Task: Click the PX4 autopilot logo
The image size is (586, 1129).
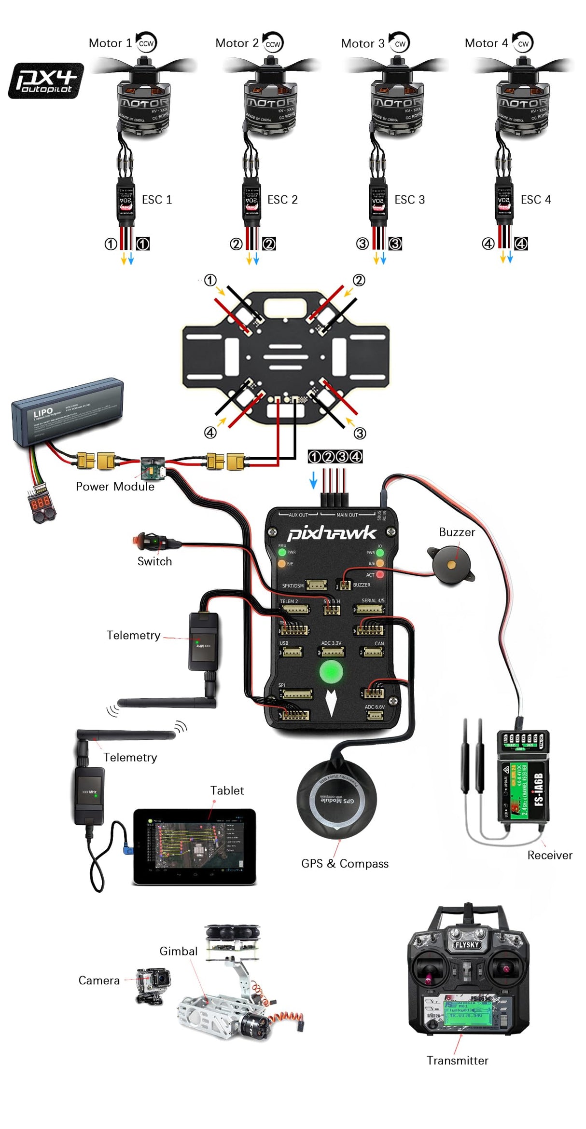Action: tap(46, 81)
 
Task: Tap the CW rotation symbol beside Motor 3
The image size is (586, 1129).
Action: tap(400, 43)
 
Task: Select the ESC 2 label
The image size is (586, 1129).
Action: tap(282, 200)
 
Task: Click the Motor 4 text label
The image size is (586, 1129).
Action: tap(486, 43)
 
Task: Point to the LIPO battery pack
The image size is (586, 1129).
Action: tap(68, 410)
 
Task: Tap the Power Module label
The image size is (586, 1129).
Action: tap(115, 487)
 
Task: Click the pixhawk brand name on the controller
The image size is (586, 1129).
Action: tap(331, 533)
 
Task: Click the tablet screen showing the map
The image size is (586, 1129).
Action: tap(194, 846)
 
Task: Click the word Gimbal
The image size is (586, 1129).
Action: tap(178, 951)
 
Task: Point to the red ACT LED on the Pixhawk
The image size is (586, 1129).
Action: tap(380, 574)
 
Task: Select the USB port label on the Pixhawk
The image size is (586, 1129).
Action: tap(284, 643)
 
